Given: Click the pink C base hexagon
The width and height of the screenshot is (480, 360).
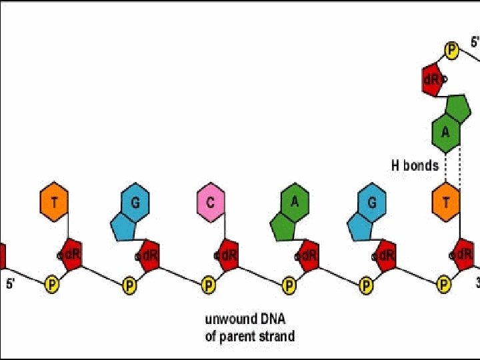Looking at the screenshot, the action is pyautogui.click(x=210, y=202).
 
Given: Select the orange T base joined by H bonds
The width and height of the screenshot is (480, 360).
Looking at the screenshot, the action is pyautogui.click(x=445, y=202).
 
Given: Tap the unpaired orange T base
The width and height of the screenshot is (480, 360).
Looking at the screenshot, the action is pyautogui.click(x=54, y=202).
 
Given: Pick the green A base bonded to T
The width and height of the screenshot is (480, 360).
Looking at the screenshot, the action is pyautogui.click(x=445, y=131).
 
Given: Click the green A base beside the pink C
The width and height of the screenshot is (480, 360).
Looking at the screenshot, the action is pyautogui.click(x=294, y=202).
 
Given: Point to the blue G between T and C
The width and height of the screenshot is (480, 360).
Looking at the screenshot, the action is pyautogui.click(x=135, y=202).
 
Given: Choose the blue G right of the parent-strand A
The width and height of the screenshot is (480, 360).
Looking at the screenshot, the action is pyautogui.click(x=371, y=202).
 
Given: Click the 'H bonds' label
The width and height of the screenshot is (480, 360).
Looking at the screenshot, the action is pyautogui.click(x=415, y=165).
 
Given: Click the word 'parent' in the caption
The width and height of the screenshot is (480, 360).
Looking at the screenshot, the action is pyautogui.click(x=241, y=335).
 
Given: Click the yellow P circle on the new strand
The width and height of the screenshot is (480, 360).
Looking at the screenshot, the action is pyautogui.click(x=452, y=50).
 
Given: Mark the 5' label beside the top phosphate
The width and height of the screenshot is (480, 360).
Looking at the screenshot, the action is pyautogui.click(x=474, y=42).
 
